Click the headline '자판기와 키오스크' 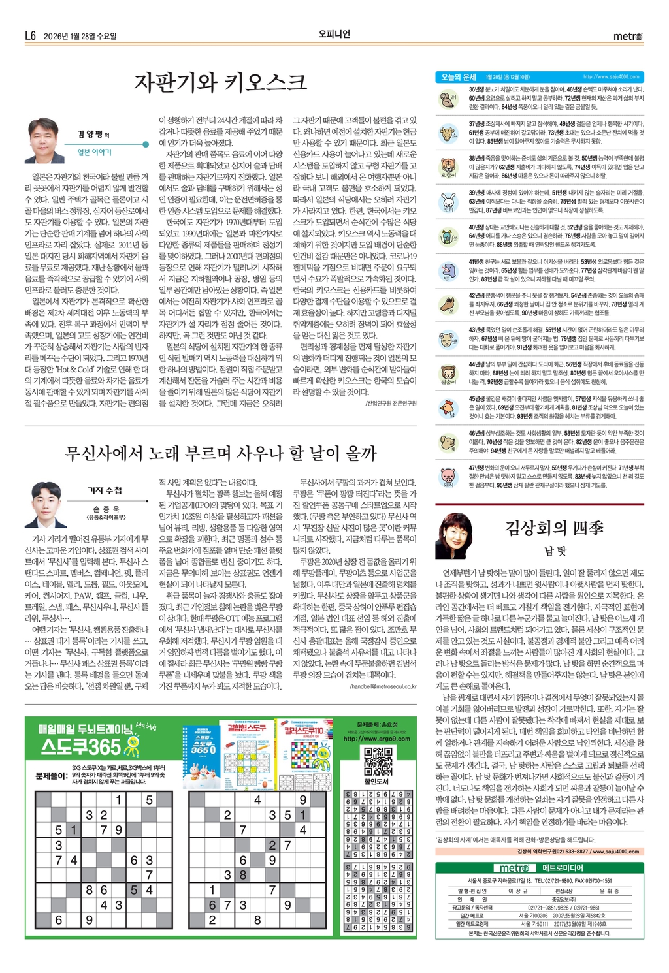pyautogui.click(x=220, y=82)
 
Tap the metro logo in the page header pyautogui.click(x=628, y=36)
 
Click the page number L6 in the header pyautogui.click(x=30, y=36)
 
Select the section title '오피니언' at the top pyautogui.click(x=334, y=34)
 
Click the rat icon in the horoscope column pyautogui.click(x=448, y=99)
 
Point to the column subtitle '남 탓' pyautogui.click(x=555, y=550)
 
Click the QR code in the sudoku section pyautogui.click(x=377, y=761)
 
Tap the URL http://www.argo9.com pyautogui.click(x=377, y=739)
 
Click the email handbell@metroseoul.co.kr pyautogui.click(x=383, y=687)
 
